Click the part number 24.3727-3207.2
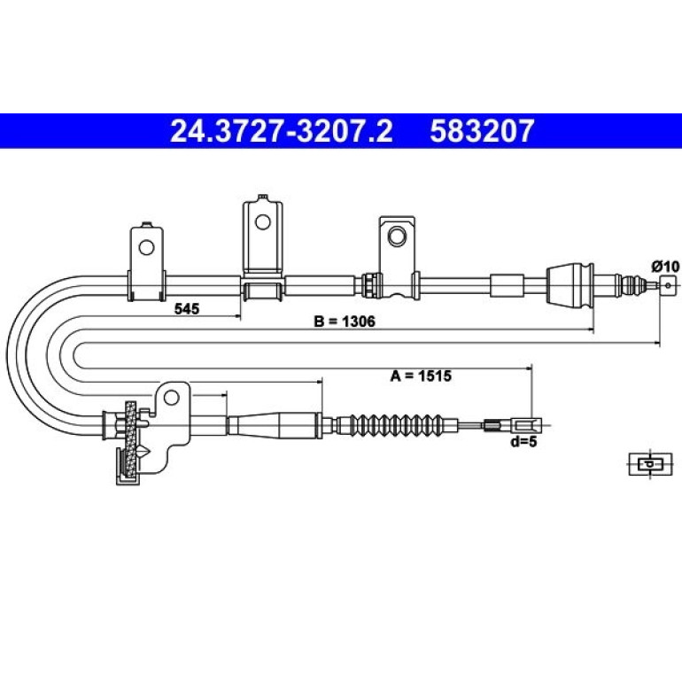coord(282,131)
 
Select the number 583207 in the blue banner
coord(482,131)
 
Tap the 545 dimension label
coord(187,309)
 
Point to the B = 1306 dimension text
coord(344,322)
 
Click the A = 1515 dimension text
coord(421,376)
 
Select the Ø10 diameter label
coord(664,266)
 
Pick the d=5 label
coord(524,442)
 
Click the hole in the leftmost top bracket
coord(146,248)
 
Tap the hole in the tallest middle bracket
coord(263,221)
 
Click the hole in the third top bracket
coord(396,236)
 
